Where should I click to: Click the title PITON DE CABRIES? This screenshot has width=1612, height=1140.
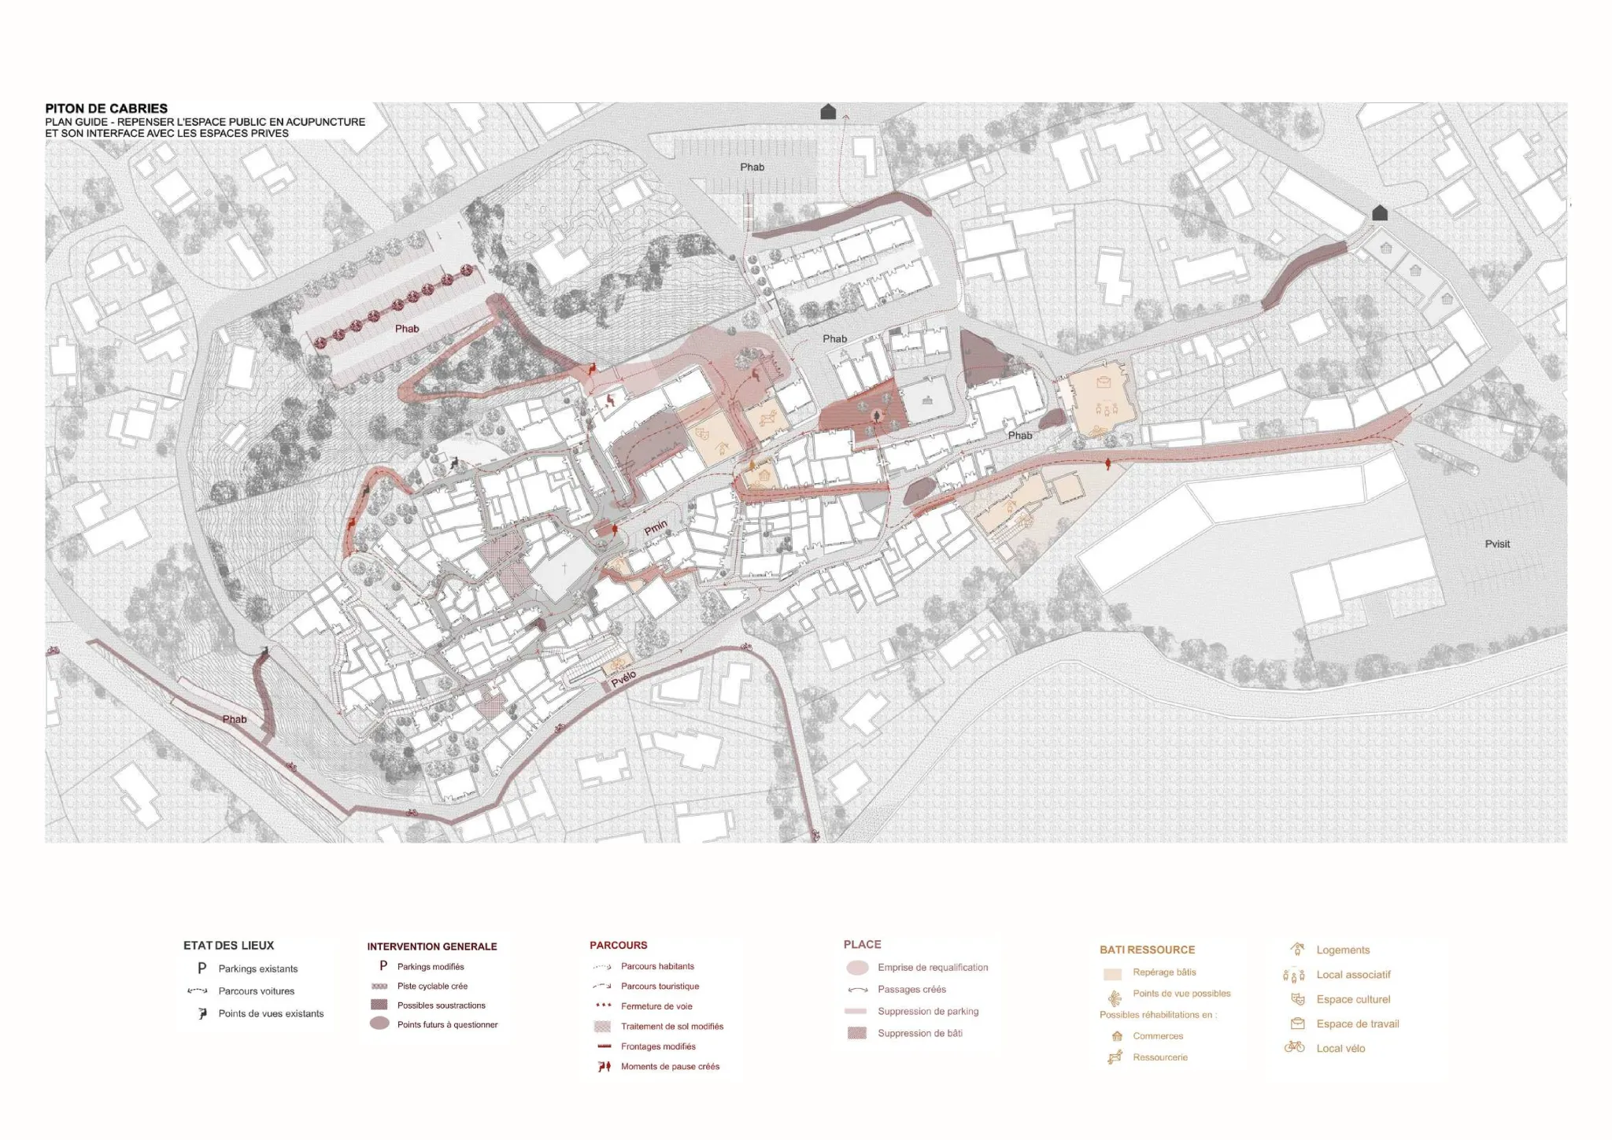[106, 109]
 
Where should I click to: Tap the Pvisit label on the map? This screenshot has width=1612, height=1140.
[1497, 544]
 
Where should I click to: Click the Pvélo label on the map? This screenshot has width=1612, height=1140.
[623, 678]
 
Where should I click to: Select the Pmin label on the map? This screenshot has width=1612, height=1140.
[656, 528]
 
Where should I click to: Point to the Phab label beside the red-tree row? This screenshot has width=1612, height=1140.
[407, 329]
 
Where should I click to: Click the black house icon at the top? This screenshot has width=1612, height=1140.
[828, 112]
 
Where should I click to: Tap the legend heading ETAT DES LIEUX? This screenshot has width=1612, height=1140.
[228, 946]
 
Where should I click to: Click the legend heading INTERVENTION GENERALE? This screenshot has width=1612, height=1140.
[431, 946]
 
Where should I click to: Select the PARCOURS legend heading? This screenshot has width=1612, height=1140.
[618, 945]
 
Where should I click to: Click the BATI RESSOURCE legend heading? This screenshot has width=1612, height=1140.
[1147, 950]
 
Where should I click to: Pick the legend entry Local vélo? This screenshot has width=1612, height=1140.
[1340, 1048]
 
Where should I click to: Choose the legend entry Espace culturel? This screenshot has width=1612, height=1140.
[1353, 999]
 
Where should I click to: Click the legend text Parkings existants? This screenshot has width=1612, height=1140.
[258, 968]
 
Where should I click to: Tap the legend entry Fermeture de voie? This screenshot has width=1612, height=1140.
[656, 1006]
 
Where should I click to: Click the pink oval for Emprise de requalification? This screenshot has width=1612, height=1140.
[857, 968]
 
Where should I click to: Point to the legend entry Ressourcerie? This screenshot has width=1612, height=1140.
[1160, 1057]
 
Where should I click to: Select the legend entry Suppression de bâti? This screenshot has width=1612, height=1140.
[919, 1033]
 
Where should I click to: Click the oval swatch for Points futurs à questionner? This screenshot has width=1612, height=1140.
[379, 1024]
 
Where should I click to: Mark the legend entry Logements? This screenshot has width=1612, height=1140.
[1343, 950]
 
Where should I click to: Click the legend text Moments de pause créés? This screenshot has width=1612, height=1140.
[670, 1067]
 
